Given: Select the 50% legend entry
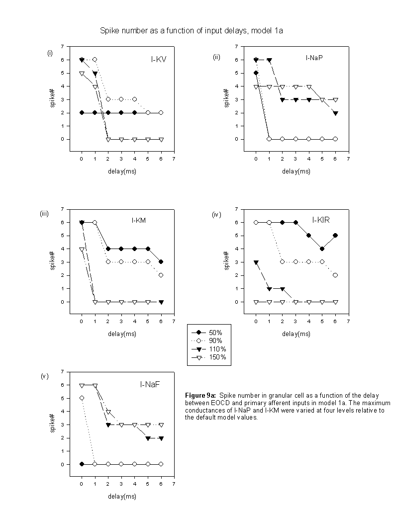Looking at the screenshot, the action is point(207,333).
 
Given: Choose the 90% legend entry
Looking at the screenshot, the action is point(207,341).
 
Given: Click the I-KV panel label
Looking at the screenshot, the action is point(159,59).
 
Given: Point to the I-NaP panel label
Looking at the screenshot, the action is point(314,58).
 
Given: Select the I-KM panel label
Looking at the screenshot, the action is point(139,221).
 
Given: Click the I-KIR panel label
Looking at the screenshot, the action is point(321,220).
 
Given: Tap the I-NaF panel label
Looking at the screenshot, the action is point(150,385).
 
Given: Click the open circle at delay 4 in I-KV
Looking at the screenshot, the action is point(134,99).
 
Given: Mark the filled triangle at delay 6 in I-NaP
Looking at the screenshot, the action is point(335,113).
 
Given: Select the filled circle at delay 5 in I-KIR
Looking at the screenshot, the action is point(322,249).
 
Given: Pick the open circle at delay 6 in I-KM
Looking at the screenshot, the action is point(161,275).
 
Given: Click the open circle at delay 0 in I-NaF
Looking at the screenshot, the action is point(82,398).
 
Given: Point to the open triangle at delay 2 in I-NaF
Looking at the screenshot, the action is point(108,412).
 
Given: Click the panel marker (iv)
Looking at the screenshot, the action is point(216,214).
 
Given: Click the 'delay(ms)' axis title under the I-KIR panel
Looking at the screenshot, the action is point(296,334).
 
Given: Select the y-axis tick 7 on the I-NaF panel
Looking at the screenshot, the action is point(63,371).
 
